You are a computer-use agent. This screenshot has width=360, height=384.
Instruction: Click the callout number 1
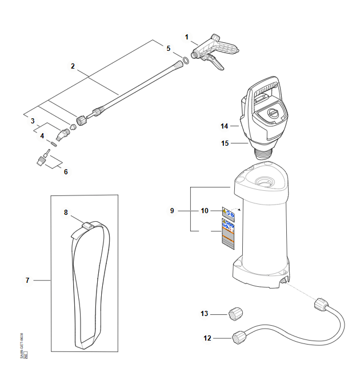coord(186,37)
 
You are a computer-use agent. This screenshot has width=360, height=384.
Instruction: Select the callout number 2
coord(73,66)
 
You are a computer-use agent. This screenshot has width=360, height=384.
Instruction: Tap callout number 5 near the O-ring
coord(168,49)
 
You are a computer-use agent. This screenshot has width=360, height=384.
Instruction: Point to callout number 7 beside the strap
coord(27,281)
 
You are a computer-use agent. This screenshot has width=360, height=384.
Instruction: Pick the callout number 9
coord(171,211)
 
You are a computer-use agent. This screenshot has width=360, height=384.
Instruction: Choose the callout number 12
coord(207,338)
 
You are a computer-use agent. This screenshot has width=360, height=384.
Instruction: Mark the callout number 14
coord(224,125)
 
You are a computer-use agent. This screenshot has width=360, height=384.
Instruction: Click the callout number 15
coord(225,143)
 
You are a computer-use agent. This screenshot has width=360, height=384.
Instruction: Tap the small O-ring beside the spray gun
coord(186,61)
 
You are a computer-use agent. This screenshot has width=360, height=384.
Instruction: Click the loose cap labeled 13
coord(235,313)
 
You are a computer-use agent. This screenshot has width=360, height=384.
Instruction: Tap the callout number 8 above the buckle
coord(66,212)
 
